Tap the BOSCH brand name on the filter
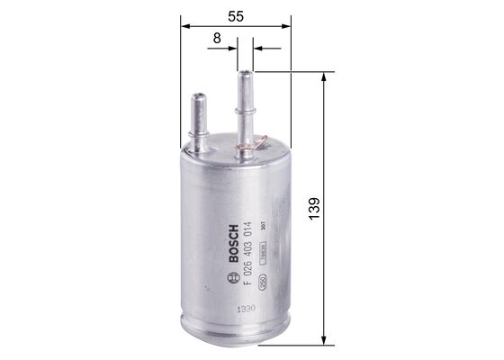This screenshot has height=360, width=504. click(x=235, y=243)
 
